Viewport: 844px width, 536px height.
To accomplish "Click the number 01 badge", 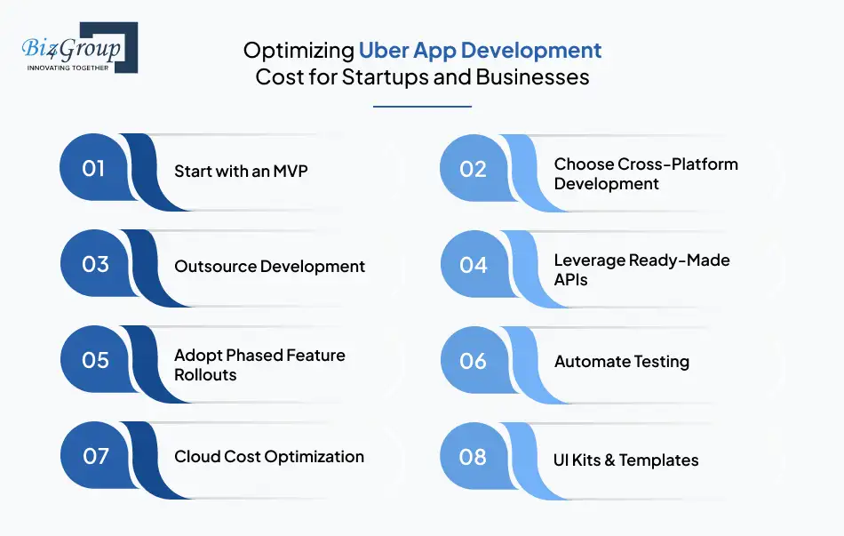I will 94,169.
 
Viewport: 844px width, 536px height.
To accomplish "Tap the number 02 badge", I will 474,169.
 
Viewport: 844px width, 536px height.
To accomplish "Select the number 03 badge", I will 94,265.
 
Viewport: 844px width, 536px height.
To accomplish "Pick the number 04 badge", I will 474,265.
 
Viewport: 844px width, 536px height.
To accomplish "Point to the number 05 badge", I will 94,361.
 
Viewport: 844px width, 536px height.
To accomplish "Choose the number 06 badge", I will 474,361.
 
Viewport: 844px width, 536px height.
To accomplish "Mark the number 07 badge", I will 94,457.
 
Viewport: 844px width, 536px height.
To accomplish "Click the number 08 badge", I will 474,457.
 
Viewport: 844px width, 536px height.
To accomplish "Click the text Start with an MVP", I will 241,171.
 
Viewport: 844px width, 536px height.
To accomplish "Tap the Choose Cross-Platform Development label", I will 646,173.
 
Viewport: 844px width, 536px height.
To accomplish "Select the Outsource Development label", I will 269,266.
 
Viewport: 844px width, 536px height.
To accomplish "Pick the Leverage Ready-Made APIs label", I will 641,269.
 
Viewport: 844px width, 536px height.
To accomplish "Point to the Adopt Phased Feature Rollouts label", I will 259,364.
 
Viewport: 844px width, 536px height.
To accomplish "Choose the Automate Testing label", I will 621,362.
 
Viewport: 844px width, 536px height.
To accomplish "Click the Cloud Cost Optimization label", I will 269,457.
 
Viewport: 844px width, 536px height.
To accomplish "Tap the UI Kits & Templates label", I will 626,460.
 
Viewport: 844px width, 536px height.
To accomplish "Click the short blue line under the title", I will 422,107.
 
